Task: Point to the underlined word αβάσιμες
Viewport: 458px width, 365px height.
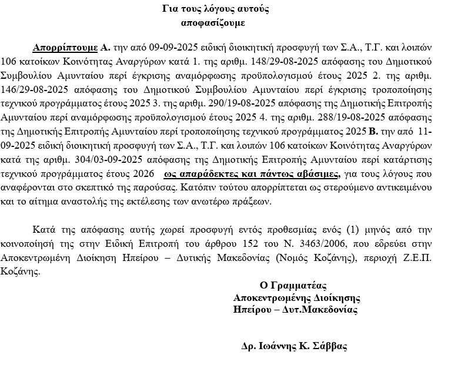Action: [320, 175]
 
